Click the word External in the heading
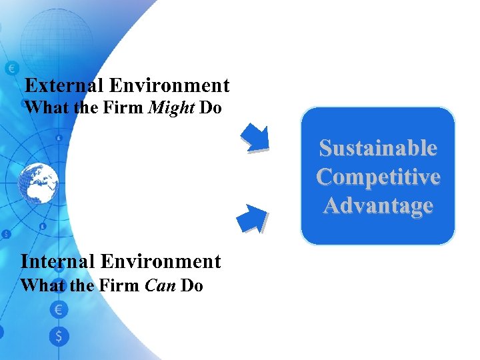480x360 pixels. [x=63, y=86]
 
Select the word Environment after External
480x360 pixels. [x=169, y=86]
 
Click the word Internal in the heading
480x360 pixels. [x=59, y=261]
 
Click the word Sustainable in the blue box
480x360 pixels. [x=378, y=147]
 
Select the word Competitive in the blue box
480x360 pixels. [x=378, y=177]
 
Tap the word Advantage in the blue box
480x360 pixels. [x=378, y=205]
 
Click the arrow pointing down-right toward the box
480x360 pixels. [x=254, y=137]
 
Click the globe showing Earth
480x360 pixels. [x=37, y=181]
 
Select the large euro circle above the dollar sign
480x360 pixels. [x=59, y=309]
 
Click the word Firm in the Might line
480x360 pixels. [x=123, y=107]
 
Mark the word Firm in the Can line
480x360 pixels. [x=119, y=285]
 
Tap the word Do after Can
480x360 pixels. [x=191, y=285]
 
